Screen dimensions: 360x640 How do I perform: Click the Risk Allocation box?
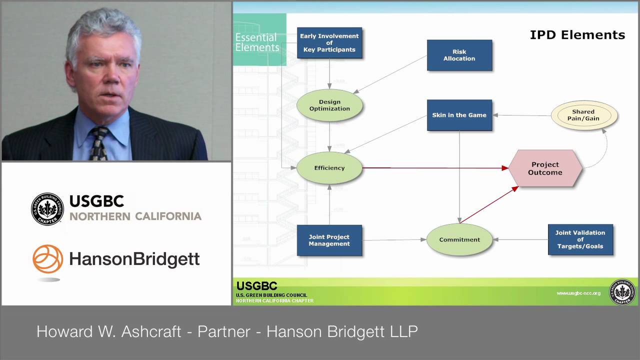pyautogui.click(x=459, y=55)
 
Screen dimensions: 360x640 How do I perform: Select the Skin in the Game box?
pyautogui.click(x=459, y=115)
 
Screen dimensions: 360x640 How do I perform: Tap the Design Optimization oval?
pyautogui.click(x=329, y=105)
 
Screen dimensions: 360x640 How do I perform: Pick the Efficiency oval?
pyautogui.click(x=329, y=168)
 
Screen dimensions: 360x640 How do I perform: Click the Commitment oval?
pyautogui.click(x=459, y=239)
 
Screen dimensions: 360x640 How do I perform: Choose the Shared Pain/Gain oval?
pyautogui.click(x=583, y=115)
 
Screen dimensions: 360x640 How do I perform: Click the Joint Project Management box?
pyautogui.click(x=329, y=240)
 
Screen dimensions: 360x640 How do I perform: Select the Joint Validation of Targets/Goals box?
pyautogui.click(x=580, y=239)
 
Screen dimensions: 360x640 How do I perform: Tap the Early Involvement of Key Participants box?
pyautogui.click(x=329, y=43)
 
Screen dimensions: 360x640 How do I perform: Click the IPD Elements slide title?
pyautogui.click(x=577, y=35)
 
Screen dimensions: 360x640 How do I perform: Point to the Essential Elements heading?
pyautogui.click(x=257, y=42)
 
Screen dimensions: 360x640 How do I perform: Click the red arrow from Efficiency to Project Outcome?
pyautogui.click(x=435, y=168)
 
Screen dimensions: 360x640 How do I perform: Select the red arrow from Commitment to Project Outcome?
pyautogui.click(x=489, y=204)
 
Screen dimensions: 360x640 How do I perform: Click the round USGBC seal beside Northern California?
pyautogui.click(x=47, y=209)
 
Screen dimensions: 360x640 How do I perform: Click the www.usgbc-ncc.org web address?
pyautogui.click(x=578, y=293)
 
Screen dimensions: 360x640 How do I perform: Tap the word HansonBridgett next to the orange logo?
pyautogui.click(x=134, y=259)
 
